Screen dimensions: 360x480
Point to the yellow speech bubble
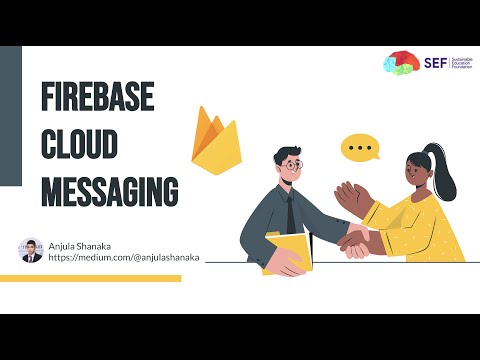tap(360, 150)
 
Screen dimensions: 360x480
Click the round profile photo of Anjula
tap(31, 250)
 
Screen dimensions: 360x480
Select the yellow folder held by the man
tap(286, 252)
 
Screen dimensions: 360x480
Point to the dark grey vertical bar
tap(10, 115)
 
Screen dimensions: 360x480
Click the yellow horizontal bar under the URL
tap(90, 278)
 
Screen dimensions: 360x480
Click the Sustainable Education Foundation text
tap(462, 63)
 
